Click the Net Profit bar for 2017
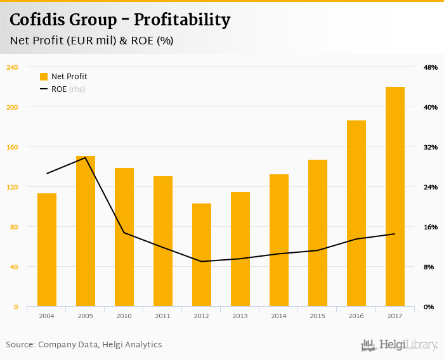pyautogui.click(x=395, y=196)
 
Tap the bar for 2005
pyautogui.click(x=86, y=231)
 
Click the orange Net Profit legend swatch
pyautogui.click(x=44, y=77)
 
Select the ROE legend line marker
pyautogui.click(x=44, y=89)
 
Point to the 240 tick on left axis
pyautogui.click(x=12, y=67)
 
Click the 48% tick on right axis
pyautogui.click(x=431, y=67)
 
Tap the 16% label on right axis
pyautogui.click(x=431, y=227)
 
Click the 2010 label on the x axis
pyautogui.click(x=124, y=316)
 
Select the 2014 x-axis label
pyautogui.click(x=279, y=316)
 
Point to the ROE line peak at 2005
pyautogui.click(x=86, y=157)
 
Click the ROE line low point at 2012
pyautogui.click(x=202, y=261)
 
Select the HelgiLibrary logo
pyautogui.click(x=400, y=345)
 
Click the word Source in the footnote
pyautogui.click(x=20, y=345)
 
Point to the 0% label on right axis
pyautogui.click(x=429, y=307)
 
